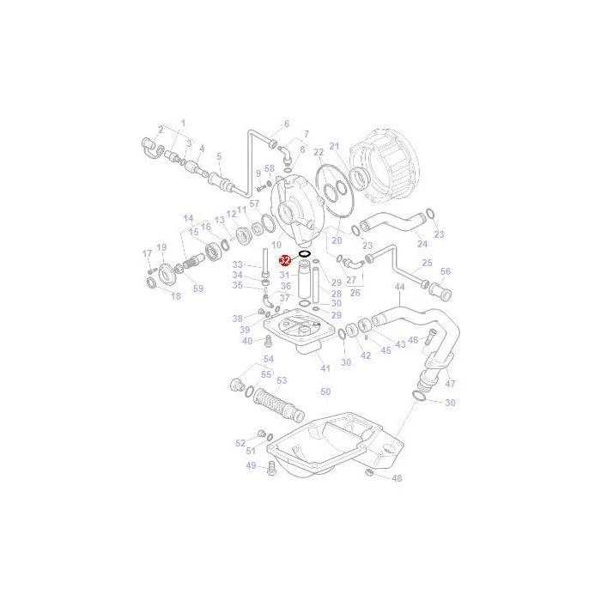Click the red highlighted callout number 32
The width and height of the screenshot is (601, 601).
tap(285, 261)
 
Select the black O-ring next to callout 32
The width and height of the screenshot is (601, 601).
tap(305, 254)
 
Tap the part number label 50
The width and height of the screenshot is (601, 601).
tap(325, 392)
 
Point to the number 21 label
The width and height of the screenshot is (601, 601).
tap(335, 146)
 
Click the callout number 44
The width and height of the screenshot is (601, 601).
tap(400, 287)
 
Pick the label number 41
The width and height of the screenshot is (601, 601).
tap(325, 368)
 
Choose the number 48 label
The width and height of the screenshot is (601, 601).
tap(397, 478)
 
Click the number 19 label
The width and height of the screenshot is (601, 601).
tap(161, 247)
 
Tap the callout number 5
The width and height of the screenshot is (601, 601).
tap(219, 156)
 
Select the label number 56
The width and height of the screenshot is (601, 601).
tap(446, 271)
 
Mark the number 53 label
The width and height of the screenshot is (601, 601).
tap(282, 380)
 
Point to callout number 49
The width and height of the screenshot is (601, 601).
tap(251, 465)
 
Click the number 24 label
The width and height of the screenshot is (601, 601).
tap(422, 244)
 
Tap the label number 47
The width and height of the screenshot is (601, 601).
tap(451, 383)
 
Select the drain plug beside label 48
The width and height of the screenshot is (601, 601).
tap(370, 472)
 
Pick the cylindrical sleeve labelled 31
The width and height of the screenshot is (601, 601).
tap(305, 280)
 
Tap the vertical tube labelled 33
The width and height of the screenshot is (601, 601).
tap(264, 263)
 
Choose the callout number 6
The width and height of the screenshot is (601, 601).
tap(286, 124)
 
